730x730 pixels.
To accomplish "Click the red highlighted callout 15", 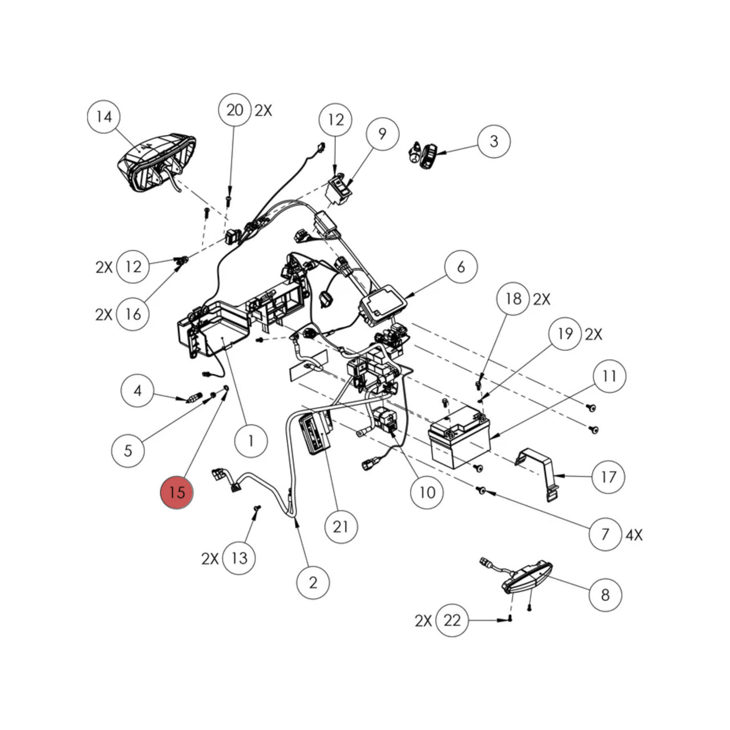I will click(x=177, y=492).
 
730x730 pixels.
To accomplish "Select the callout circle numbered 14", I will click(x=104, y=117).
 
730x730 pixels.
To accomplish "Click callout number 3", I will click(x=494, y=141).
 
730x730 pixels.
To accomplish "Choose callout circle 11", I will click(x=609, y=376).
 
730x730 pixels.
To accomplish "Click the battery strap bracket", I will click(x=539, y=471).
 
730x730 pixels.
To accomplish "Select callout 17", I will click(x=609, y=476).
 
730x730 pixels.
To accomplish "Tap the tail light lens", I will click(x=528, y=577).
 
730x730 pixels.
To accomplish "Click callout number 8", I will click(x=605, y=595).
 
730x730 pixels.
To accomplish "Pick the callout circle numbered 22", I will click(x=452, y=620).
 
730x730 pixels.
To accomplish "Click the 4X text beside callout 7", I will click(x=634, y=535).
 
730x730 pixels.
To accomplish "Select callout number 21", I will click(x=340, y=526).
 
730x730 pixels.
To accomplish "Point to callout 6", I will click(x=461, y=266).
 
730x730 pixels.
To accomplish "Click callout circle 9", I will click(x=382, y=134).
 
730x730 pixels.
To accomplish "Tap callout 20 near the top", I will click(x=235, y=109).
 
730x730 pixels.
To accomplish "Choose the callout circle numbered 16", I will click(x=133, y=314).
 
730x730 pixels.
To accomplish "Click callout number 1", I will click(x=251, y=440).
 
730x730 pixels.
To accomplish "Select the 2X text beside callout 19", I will click(x=593, y=334).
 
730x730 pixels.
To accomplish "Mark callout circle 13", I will click(x=239, y=558).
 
